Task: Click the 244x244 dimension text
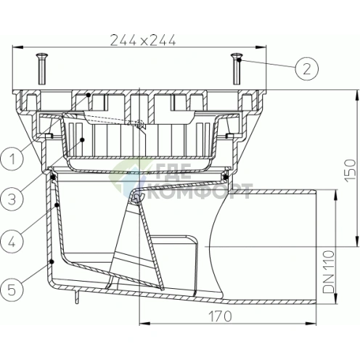coord(143,40)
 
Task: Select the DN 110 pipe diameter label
coord(330,272)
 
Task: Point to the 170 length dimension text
coord(220,316)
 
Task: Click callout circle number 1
coord(12,159)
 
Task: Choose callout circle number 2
coord(307,69)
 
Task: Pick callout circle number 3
coord(12,200)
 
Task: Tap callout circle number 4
coord(12,242)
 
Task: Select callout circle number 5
coord(12,290)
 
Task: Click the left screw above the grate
coord(42,69)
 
